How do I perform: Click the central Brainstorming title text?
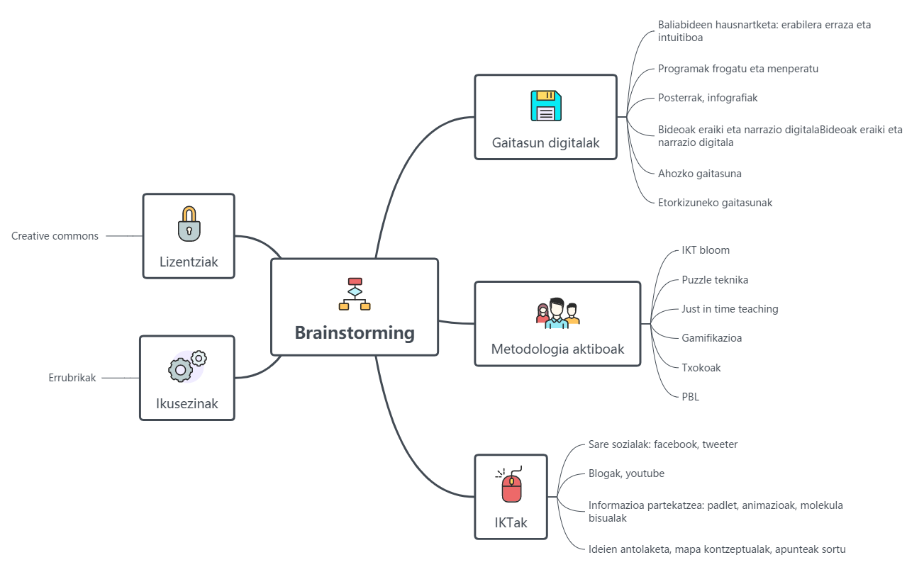click(355, 332)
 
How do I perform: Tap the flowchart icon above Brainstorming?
click(355, 294)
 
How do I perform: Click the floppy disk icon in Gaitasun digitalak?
click(546, 106)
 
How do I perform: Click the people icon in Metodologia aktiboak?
click(557, 313)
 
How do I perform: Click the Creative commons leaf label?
click(55, 236)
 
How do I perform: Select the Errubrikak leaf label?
click(72, 378)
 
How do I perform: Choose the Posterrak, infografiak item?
click(708, 98)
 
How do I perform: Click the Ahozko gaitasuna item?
click(699, 174)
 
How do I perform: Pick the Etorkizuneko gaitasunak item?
click(715, 203)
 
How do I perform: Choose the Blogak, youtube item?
click(626, 473)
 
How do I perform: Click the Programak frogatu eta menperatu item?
click(738, 69)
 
